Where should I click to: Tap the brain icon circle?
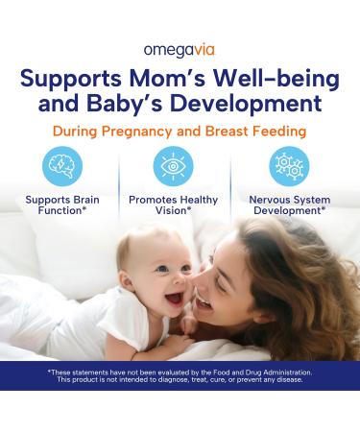(x=62, y=166)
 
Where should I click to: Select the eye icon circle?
(x=174, y=166)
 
